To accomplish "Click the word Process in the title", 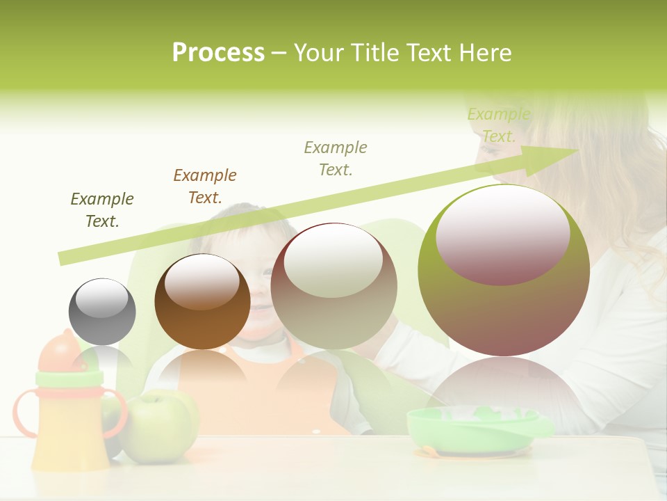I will pos(218,53).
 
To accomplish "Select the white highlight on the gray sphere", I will pos(101,298).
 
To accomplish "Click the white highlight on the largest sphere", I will pos(503,233).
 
